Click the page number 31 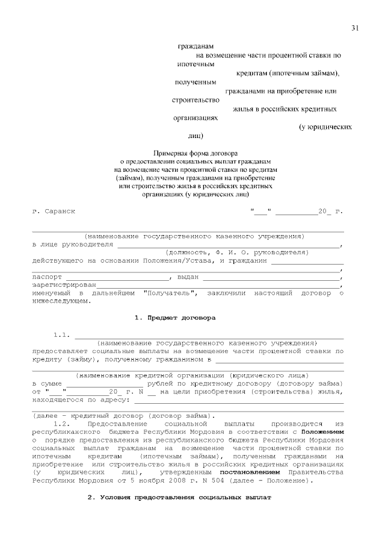(355, 28)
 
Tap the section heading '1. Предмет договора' (174, 317)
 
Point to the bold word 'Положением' (322, 432)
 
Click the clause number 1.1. (63, 334)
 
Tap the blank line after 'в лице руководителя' (229, 245)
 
